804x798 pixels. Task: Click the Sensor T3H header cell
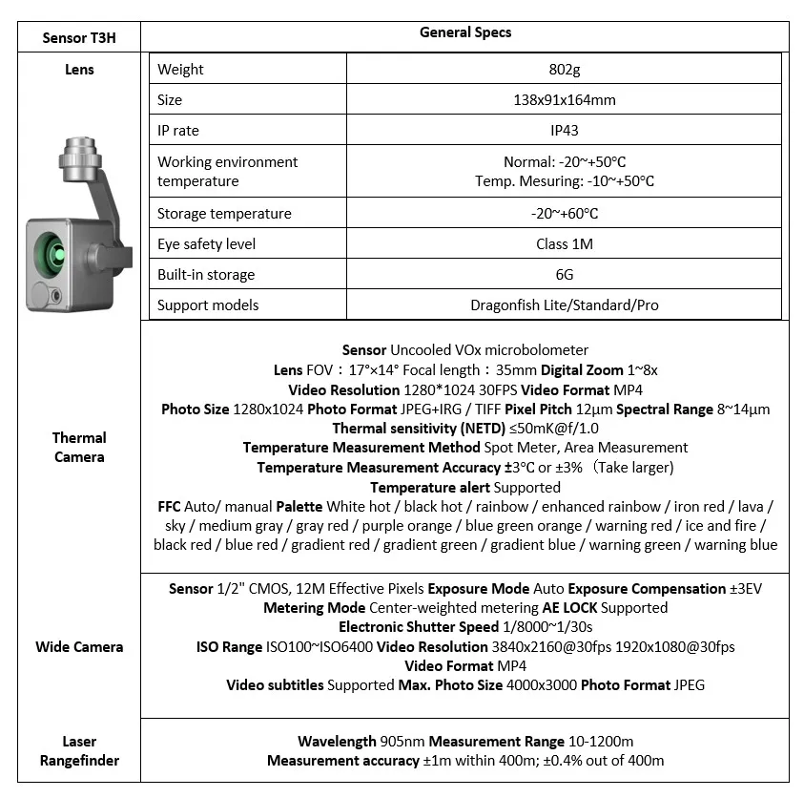tap(80, 37)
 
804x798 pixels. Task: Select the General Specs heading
tap(465, 32)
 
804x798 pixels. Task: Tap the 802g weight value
tap(565, 69)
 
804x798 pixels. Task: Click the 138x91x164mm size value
tap(565, 99)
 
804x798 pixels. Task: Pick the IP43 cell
tap(565, 130)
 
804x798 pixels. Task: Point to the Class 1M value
tap(565, 243)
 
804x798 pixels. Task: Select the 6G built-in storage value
tap(565, 274)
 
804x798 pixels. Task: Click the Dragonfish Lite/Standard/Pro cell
tap(565, 305)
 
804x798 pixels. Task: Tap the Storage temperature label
tap(224, 213)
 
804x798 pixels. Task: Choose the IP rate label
tap(178, 130)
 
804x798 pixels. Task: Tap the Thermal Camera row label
tap(79, 447)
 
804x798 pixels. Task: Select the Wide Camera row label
tap(79, 646)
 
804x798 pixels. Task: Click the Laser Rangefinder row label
tap(79, 750)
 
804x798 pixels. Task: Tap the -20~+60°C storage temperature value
tap(565, 213)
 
